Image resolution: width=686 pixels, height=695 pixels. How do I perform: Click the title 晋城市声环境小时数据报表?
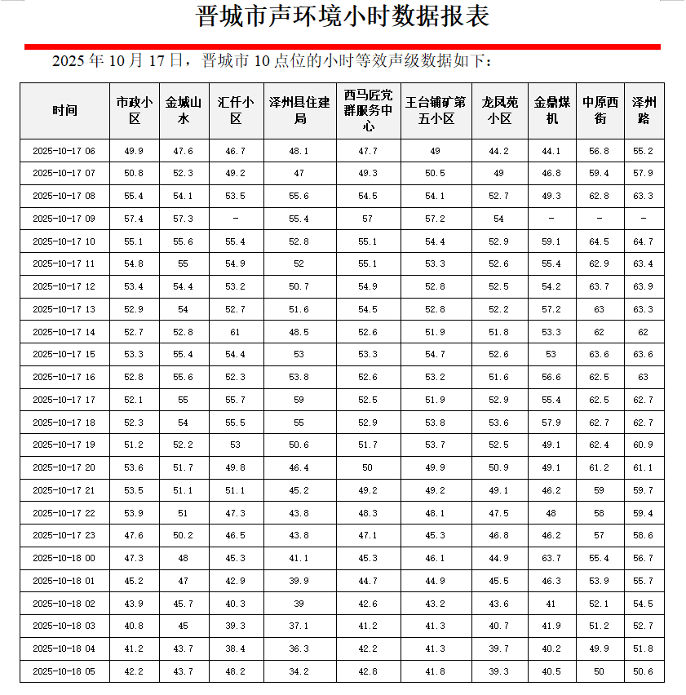click(x=343, y=18)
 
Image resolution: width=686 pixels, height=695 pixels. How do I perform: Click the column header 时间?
click(x=64, y=111)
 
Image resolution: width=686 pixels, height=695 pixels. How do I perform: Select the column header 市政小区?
click(x=134, y=111)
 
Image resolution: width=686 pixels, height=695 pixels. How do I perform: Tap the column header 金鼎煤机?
click(x=551, y=111)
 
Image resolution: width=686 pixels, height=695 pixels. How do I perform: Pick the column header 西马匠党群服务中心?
click(x=367, y=111)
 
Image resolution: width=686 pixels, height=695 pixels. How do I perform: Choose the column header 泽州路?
click(x=644, y=111)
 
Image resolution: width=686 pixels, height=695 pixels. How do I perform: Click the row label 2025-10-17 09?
click(x=64, y=219)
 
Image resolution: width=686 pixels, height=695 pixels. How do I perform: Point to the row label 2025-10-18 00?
click(x=64, y=558)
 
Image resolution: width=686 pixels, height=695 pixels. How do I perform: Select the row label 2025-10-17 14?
click(x=64, y=332)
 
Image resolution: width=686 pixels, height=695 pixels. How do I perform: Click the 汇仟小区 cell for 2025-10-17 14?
click(x=235, y=332)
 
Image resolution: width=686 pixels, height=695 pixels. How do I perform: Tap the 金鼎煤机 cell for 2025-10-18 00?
click(x=551, y=558)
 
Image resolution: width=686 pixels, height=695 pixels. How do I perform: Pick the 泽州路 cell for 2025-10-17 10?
click(x=644, y=241)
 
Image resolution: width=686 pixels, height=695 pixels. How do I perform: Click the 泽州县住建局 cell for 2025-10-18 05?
click(x=299, y=671)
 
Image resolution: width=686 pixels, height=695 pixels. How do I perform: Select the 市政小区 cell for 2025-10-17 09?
click(x=134, y=219)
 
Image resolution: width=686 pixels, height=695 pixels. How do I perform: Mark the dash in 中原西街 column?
click(x=600, y=219)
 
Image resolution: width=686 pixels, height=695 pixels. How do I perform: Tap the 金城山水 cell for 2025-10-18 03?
click(x=183, y=626)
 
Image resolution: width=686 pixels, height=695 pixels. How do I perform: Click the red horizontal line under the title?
click(x=343, y=47)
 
